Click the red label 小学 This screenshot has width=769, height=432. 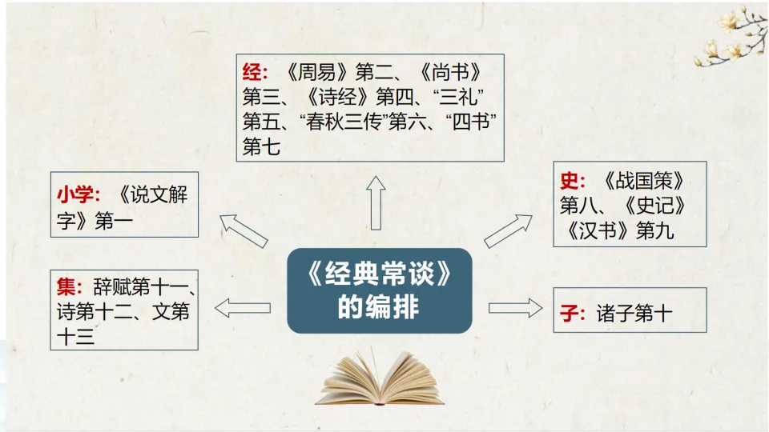coord(78,194)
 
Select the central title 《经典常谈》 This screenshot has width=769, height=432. coord(378,278)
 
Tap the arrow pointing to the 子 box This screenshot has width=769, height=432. coord(515,308)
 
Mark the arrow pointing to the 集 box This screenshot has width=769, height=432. coord(242,307)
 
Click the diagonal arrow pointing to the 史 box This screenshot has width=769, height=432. coord(508,231)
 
